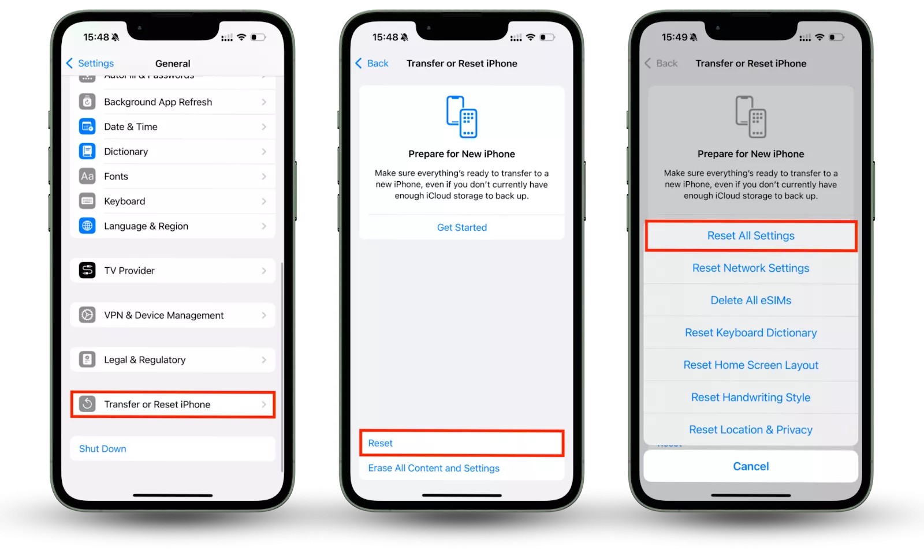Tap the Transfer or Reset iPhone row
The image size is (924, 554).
click(x=173, y=405)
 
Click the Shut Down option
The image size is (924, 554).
click(x=103, y=448)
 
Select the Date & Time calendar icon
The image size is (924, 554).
click(x=87, y=126)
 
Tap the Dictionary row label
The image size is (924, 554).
click(x=126, y=151)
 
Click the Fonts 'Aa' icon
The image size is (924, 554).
click(x=87, y=177)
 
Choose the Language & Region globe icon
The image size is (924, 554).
click(x=87, y=226)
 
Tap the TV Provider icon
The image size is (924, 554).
click(x=87, y=271)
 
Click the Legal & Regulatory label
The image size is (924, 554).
click(x=145, y=360)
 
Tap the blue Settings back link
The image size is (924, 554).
click(x=90, y=63)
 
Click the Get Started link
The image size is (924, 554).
click(x=462, y=227)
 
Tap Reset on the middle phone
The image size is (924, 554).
click(x=381, y=443)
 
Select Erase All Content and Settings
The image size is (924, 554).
click(x=434, y=468)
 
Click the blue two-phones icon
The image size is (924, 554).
click(x=462, y=117)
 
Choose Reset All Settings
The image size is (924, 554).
click(x=751, y=236)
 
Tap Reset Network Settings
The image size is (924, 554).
click(x=751, y=268)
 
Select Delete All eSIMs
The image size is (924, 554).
click(x=751, y=300)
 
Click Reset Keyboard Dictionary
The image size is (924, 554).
click(x=751, y=332)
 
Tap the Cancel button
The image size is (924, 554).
click(x=751, y=466)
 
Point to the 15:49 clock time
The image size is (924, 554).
click(x=675, y=37)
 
